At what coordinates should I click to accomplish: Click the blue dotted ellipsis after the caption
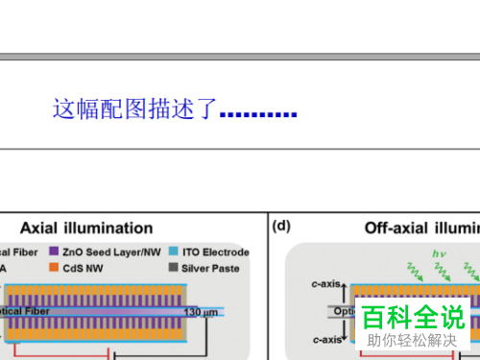pyautogui.click(x=258, y=115)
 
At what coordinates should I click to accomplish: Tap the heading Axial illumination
pyautogui.click(x=85, y=228)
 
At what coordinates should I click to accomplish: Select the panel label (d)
pyautogui.click(x=281, y=227)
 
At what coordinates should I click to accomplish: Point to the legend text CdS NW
pyautogui.click(x=85, y=268)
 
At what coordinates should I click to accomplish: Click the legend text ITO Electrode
pyautogui.click(x=213, y=252)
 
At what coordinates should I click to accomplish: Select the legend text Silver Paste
pyautogui.click(x=208, y=268)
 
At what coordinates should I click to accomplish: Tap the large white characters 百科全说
pyautogui.click(x=414, y=316)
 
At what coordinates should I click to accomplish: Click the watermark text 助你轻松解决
pyautogui.click(x=414, y=340)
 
